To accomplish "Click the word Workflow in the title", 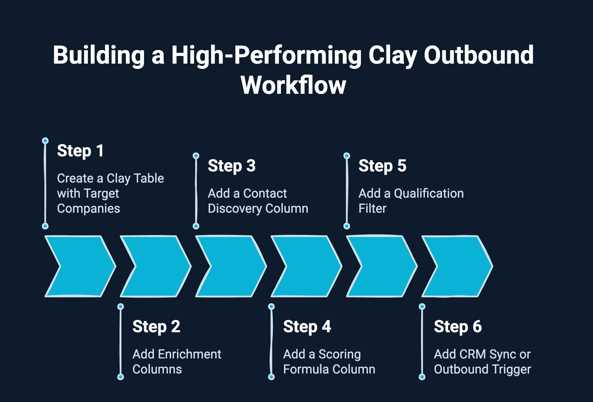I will tap(293, 85).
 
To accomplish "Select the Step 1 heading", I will tap(80, 151).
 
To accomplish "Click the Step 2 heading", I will tap(156, 327).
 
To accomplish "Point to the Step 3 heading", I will tap(231, 166).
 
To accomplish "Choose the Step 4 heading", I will tap(307, 327).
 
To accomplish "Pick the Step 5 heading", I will tap(382, 166).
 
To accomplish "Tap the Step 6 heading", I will tap(458, 327).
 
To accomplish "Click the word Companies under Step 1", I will tap(89, 209).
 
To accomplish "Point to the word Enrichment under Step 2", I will tap(190, 354).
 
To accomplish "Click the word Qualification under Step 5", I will tap(429, 193).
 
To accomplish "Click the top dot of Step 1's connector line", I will tap(45, 140).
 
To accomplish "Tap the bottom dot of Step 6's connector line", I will tap(422, 377).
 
